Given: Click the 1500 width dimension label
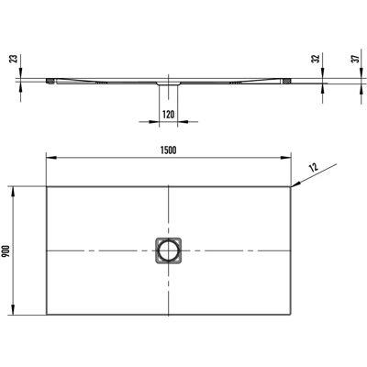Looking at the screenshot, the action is [168, 150].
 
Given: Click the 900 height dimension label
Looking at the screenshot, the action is [7, 251].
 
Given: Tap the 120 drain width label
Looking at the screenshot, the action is [168, 115].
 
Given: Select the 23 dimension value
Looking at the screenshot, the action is [14, 59].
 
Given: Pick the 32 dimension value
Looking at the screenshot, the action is [316, 59].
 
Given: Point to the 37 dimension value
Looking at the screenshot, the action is [354, 59].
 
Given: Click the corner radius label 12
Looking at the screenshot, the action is [314, 167].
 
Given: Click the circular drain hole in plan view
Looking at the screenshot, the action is [168, 250].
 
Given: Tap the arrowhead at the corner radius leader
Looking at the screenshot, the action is [295, 184].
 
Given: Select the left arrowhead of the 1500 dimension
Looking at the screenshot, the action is [50, 158].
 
